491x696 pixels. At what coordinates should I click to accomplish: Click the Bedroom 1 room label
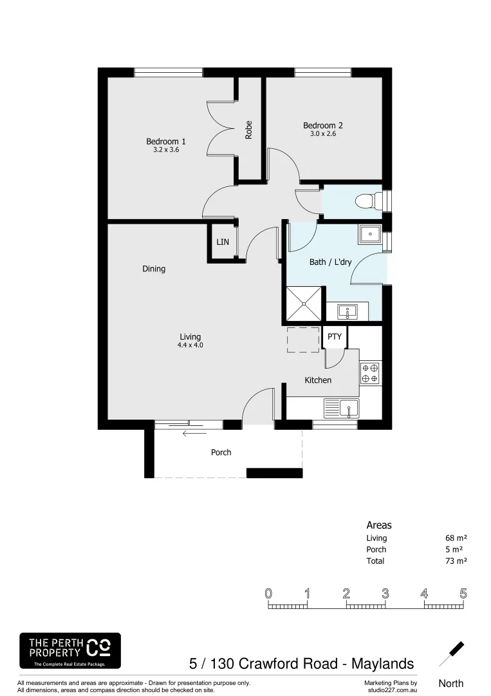click(x=166, y=142)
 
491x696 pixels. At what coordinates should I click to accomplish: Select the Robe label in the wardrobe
click(x=249, y=130)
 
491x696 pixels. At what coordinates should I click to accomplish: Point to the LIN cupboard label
click(x=222, y=242)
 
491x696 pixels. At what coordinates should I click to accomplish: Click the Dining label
click(x=154, y=269)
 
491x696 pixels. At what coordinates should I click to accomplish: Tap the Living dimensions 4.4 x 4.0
click(x=190, y=345)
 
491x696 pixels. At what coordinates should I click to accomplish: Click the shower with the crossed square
click(x=304, y=304)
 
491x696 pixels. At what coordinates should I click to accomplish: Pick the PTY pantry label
click(x=335, y=336)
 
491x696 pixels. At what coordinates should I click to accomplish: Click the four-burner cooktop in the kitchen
click(x=370, y=374)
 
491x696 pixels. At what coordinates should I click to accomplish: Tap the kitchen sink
click(x=349, y=408)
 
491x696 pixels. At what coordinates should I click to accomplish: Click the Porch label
click(x=221, y=452)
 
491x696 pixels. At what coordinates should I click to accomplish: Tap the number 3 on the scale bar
click(x=385, y=594)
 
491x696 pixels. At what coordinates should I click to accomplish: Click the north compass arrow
click(x=452, y=653)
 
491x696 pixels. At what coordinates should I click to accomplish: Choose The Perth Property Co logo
click(x=69, y=650)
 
